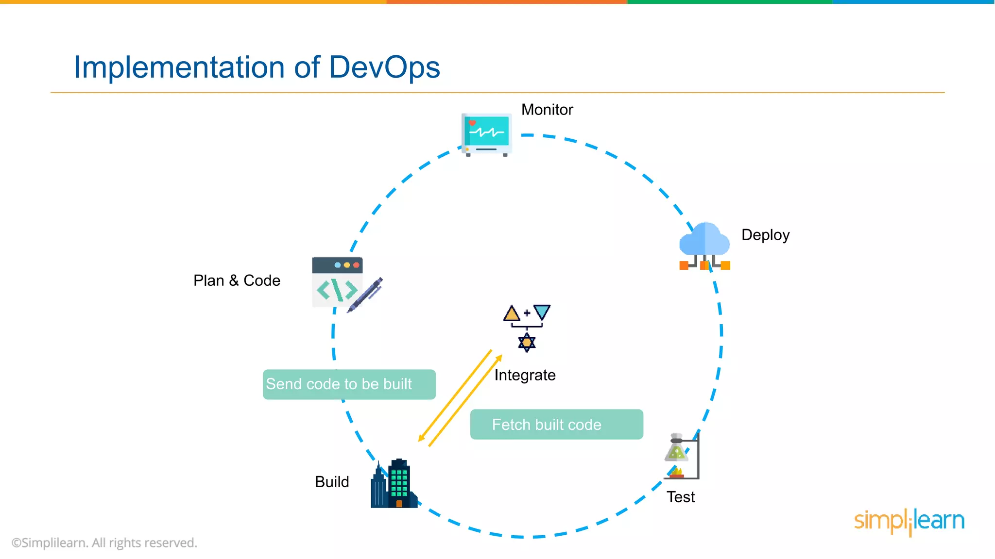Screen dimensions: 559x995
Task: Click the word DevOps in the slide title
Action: tap(384, 67)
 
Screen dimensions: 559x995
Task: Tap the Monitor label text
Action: tap(547, 110)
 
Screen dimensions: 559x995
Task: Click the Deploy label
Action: tap(765, 235)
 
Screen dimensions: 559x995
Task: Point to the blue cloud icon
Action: tap(704, 239)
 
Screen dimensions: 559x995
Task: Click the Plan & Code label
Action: tap(237, 280)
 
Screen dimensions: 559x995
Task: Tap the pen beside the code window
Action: tap(366, 295)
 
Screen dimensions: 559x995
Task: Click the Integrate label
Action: tap(525, 375)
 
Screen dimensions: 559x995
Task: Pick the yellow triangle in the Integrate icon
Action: tap(512, 314)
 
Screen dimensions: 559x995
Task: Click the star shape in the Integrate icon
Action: tap(527, 343)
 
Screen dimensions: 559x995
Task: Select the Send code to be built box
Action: tap(349, 384)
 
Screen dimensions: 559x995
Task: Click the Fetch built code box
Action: tap(556, 425)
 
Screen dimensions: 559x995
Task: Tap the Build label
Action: tap(332, 482)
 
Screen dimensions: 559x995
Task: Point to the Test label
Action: tap(680, 497)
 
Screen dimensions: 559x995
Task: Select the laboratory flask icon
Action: tap(676, 449)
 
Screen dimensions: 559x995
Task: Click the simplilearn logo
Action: tap(909, 521)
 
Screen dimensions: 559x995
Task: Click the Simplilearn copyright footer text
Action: tap(104, 543)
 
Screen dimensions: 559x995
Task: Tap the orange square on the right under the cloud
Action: tap(725, 265)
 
